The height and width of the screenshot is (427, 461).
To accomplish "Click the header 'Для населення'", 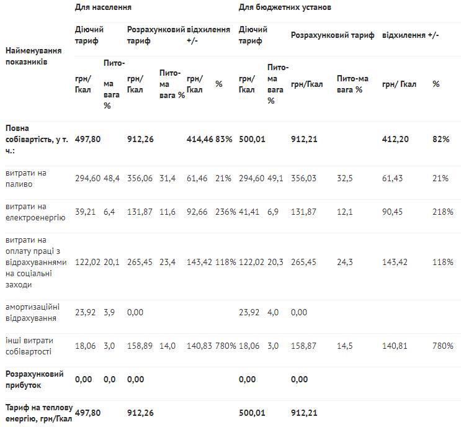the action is click(x=103, y=7).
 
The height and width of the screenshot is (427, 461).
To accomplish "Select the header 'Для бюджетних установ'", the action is click(x=285, y=7).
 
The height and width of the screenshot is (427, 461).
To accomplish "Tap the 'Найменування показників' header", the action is click(x=34, y=56).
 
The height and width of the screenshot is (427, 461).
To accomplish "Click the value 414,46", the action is click(x=200, y=139).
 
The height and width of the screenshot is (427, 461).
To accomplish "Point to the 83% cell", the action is click(x=224, y=139).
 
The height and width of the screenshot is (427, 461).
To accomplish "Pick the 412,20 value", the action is click(x=395, y=139).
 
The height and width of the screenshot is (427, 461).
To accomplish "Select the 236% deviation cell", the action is click(x=225, y=212).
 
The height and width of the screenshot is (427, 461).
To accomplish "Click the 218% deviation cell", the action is click(x=442, y=212).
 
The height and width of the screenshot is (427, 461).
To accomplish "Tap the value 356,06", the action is click(x=140, y=178).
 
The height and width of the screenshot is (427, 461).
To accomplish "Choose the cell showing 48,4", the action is click(x=112, y=178).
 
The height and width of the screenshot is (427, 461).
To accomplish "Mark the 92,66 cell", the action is click(x=197, y=212).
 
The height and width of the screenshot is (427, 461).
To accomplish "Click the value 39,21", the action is click(x=85, y=212).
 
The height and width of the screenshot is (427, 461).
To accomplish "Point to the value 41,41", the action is click(x=249, y=212).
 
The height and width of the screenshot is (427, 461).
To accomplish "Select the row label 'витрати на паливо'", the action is click(x=26, y=179).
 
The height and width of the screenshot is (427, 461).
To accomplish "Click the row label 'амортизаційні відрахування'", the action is click(x=32, y=313).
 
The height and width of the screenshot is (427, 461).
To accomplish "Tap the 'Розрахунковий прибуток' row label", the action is click(x=34, y=380).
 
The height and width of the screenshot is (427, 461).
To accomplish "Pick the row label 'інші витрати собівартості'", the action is click(x=29, y=346).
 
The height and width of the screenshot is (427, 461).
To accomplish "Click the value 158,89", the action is click(x=140, y=346).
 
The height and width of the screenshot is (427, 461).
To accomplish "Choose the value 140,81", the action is click(x=395, y=346).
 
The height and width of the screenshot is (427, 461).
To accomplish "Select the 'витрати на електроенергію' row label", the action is click(x=35, y=212).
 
